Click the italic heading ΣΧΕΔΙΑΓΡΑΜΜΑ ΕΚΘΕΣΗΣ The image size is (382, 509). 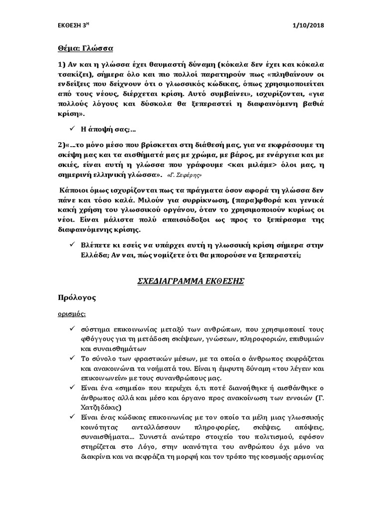coord(191,281)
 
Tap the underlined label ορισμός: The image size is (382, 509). coord(70,314)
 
